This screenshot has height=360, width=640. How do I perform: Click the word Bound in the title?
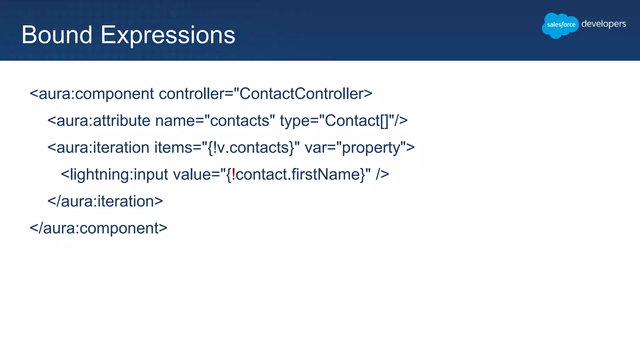[57, 35]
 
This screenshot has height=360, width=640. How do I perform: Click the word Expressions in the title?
[168, 35]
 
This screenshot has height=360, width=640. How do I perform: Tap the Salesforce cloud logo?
[560, 25]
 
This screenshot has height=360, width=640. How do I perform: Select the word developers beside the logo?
[603, 24]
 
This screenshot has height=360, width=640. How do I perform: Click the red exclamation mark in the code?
[233, 174]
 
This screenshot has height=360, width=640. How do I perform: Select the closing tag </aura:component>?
[98, 228]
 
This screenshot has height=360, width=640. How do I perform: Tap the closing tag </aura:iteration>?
[105, 201]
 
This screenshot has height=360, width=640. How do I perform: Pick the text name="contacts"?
[215, 121]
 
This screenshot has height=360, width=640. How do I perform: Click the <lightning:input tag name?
[114, 174]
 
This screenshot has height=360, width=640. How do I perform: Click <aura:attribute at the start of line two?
[99, 121]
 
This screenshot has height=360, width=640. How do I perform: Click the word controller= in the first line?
[196, 94]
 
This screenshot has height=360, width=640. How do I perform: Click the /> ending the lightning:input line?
[382, 174]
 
